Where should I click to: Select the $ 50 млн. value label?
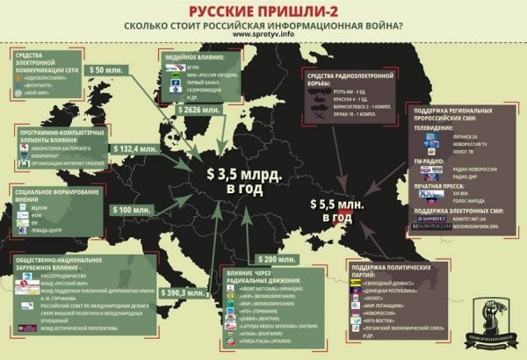[x=111, y=69]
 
